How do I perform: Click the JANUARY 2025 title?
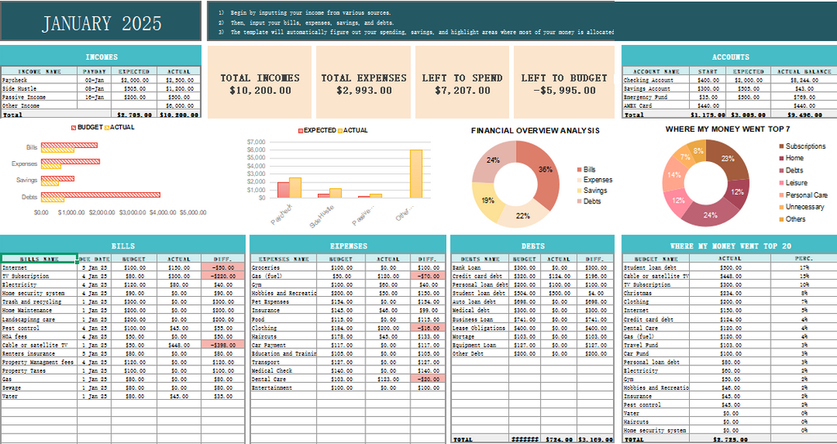point(101,23)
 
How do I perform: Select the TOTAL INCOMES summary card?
point(260,84)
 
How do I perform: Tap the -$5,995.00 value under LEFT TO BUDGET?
point(564,91)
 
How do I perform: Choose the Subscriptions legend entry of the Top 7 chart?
point(805,146)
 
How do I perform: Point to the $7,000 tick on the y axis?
point(256,141)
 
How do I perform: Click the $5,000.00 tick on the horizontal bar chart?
point(192,212)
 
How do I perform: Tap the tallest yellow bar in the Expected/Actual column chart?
point(416,173)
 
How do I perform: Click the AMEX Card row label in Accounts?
point(638,105)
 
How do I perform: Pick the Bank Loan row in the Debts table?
point(467,267)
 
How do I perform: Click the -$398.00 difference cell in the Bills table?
point(222,345)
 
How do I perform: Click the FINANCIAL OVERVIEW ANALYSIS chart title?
point(535,130)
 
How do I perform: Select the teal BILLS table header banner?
point(123,245)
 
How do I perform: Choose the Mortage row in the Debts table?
point(463,336)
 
